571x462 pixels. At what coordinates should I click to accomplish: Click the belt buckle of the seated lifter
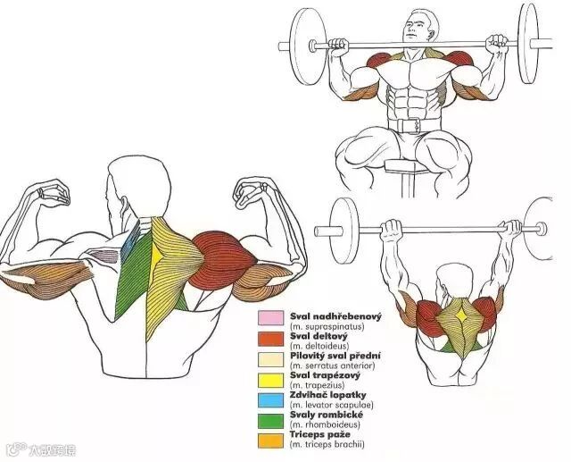pos(411,126)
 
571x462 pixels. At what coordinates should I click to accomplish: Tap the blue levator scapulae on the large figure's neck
pos(132,239)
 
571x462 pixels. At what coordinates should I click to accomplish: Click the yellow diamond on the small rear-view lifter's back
pos(461,318)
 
